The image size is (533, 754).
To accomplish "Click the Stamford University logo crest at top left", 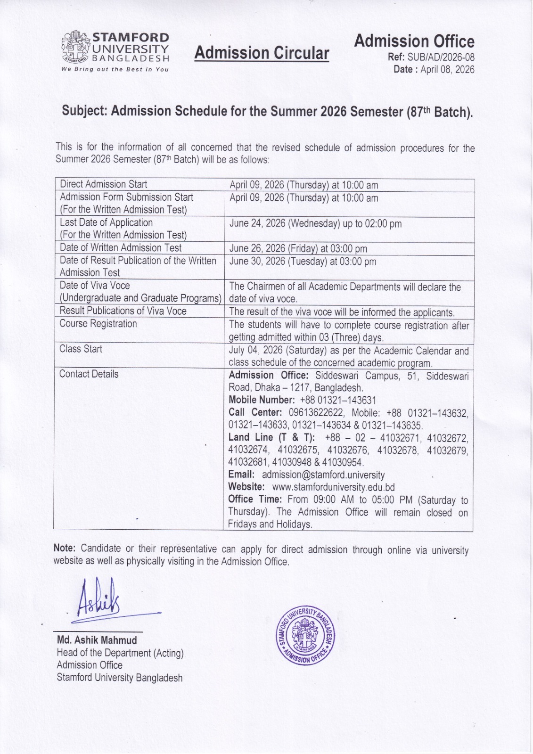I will [x=76, y=47].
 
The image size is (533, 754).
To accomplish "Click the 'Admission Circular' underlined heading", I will [x=262, y=53].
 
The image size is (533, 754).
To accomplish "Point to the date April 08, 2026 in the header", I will [x=447, y=70].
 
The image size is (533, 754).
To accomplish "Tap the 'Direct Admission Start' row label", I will [x=103, y=184].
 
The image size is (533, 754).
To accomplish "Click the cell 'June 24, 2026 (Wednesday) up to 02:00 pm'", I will [x=315, y=223].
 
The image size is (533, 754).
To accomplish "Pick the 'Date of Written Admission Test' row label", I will [x=120, y=248].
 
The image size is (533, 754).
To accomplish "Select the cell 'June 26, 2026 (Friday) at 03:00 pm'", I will [x=298, y=249].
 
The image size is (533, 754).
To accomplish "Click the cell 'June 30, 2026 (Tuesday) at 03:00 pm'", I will [x=303, y=262].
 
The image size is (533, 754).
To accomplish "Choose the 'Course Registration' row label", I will [x=98, y=324].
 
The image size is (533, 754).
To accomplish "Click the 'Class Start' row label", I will [x=81, y=349].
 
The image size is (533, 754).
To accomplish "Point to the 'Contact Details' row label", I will [x=89, y=374].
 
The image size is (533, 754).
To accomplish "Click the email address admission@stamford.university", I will [x=323, y=475].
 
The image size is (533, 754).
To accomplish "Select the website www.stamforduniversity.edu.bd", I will [x=333, y=487].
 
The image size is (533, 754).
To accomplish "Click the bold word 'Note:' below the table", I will [x=65, y=549].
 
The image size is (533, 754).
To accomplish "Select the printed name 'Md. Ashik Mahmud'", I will [x=97, y=640].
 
